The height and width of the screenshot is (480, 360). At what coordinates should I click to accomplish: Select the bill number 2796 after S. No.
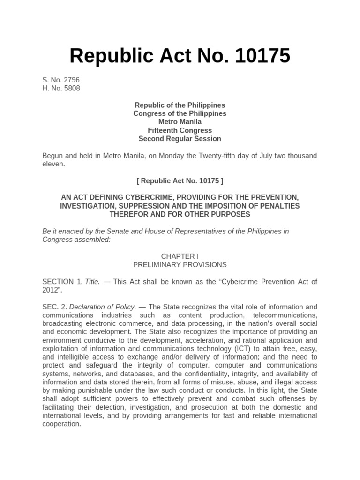(x=71, y=80)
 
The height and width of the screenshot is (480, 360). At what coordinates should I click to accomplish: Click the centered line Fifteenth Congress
(x=180, y=130)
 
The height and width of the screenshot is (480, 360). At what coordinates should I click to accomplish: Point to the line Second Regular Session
(x=180, y=139)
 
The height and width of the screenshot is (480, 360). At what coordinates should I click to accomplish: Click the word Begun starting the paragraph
(x=53, y=156)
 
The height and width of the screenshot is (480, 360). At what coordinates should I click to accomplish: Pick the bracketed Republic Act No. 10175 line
(x=180, y=181)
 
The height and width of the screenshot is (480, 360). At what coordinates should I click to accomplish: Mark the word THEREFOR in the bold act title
(x=129, y=215)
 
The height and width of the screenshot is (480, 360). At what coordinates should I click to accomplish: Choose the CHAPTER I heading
(x=180, y=256)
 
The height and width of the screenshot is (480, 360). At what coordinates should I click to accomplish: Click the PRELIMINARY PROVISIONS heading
(x=180, y=265)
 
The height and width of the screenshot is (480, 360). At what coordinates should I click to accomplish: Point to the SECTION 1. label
(x=62, y=282)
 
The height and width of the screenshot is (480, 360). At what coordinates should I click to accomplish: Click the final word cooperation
(x=61, y=424)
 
